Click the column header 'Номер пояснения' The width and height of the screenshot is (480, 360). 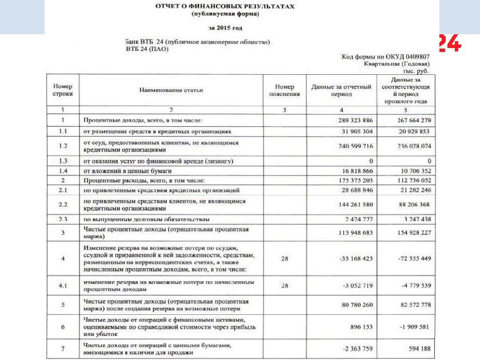click(285, 90)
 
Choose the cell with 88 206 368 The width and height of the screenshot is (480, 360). click(410, 205)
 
